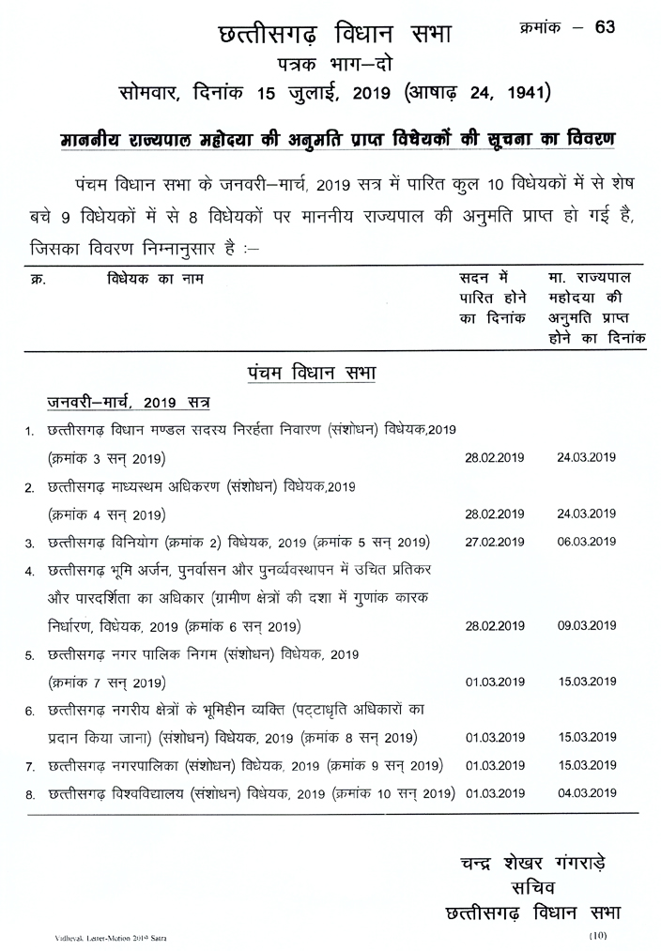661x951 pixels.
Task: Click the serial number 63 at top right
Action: coord(605,26)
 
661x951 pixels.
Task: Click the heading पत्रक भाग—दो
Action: coord(332,64)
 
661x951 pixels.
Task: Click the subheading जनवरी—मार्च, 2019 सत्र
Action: coord(129,402)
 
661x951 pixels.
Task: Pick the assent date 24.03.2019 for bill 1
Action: coord(586,458)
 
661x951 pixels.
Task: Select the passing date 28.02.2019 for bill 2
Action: coord(495,514)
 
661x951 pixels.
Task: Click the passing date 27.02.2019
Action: coord(495,543)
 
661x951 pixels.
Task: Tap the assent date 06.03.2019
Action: coord(586,543)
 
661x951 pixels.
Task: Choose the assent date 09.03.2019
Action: coord(586,625)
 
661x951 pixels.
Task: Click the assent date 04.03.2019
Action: coord(586,792)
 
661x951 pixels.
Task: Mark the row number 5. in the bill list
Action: coord(30,654)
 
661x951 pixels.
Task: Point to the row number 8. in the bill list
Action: coord(30,794)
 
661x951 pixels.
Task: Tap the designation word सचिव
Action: coord(531,887)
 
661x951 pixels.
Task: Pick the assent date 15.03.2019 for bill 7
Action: coord(586,765)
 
